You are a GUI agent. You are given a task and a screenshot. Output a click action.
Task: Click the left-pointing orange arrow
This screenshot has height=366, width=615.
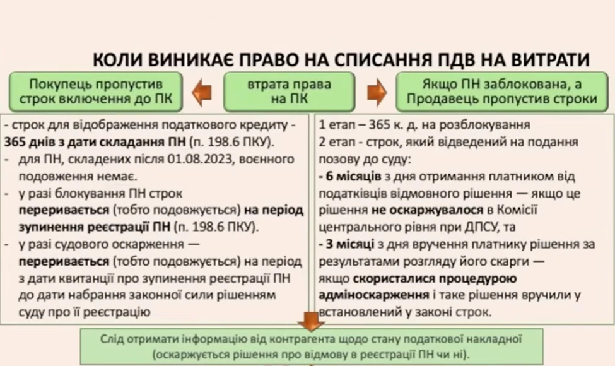202,93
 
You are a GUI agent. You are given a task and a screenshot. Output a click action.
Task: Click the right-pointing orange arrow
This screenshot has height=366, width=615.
377,93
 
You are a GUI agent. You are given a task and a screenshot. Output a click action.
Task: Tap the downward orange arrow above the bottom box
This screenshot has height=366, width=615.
311,321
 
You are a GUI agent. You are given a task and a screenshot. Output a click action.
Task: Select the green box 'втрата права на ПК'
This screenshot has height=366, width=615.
289,91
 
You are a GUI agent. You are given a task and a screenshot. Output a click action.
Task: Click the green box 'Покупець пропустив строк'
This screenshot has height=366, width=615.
96,91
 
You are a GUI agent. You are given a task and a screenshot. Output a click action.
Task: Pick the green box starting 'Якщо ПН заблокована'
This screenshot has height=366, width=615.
501,91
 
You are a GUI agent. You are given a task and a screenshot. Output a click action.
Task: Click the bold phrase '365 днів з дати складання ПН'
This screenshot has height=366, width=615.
95,142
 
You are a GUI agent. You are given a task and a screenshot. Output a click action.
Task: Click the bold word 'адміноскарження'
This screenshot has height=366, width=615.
374,295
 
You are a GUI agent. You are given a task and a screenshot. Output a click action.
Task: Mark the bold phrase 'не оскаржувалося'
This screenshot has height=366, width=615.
427,210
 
